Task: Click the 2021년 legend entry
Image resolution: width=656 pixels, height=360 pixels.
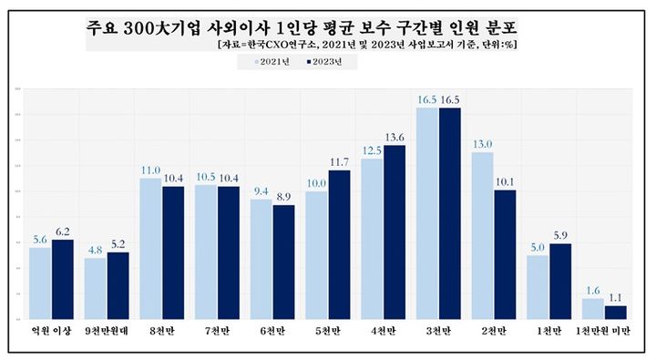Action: [x=272, y=62]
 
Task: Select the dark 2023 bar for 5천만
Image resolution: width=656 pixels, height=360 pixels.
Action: [x=339, y=244]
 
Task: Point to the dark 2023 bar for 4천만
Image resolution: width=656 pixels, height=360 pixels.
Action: [x=395, y=231]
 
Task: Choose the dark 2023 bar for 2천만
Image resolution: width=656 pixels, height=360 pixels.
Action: [x=506, y=254]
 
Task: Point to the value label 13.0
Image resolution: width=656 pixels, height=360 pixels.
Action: [x=483, y=144]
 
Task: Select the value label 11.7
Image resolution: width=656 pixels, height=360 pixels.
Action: [x=339, y=162]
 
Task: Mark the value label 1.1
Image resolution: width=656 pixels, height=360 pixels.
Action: [x=616, y=297]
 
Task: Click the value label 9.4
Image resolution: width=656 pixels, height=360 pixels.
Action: [x=261, y=191]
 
